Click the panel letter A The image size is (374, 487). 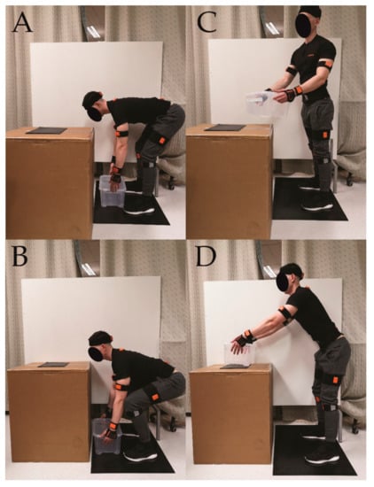22,23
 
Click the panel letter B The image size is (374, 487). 20,257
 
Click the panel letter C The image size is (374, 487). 207,23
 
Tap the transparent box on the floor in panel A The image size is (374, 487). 113,191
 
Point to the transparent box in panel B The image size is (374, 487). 106,436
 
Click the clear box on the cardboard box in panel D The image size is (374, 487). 239,354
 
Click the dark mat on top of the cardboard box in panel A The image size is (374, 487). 46,130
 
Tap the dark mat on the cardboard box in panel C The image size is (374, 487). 225,128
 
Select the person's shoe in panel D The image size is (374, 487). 322,457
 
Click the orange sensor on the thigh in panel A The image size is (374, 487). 161,141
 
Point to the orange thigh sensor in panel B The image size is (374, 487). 155,397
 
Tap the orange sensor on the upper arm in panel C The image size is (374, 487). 329,64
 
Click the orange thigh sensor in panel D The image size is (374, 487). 336,380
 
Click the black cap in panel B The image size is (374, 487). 100,338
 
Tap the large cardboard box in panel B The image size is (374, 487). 49,412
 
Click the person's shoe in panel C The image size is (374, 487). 318,206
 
